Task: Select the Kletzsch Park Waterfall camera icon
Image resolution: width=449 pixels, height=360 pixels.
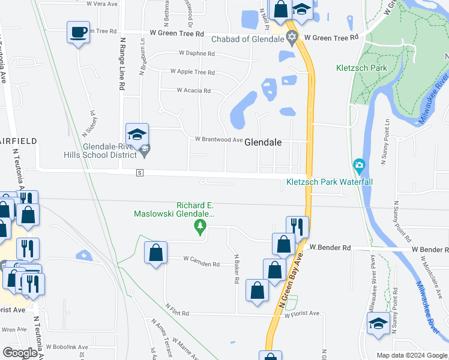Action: (x=359, y=164)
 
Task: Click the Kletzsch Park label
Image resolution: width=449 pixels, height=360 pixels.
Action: (x=362, y=68)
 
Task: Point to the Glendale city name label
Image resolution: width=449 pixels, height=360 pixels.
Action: (x=262, y=143)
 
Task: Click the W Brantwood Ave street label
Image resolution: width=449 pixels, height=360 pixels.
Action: (x=218, y=140)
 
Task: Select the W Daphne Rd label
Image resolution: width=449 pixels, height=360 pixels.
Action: (x=196, y=53)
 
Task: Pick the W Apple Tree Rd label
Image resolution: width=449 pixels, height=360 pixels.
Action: (x=192, y=72)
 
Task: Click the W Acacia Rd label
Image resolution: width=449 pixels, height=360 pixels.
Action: (x=193, y=91)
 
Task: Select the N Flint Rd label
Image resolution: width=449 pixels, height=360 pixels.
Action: (x=177, y=313)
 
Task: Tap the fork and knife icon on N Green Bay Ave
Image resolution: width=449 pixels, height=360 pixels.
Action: (x=297, y=227)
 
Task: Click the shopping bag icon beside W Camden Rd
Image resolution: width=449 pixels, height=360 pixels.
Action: (x=155, y=253)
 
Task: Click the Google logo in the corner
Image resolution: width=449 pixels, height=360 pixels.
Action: (x=20, y=353)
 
